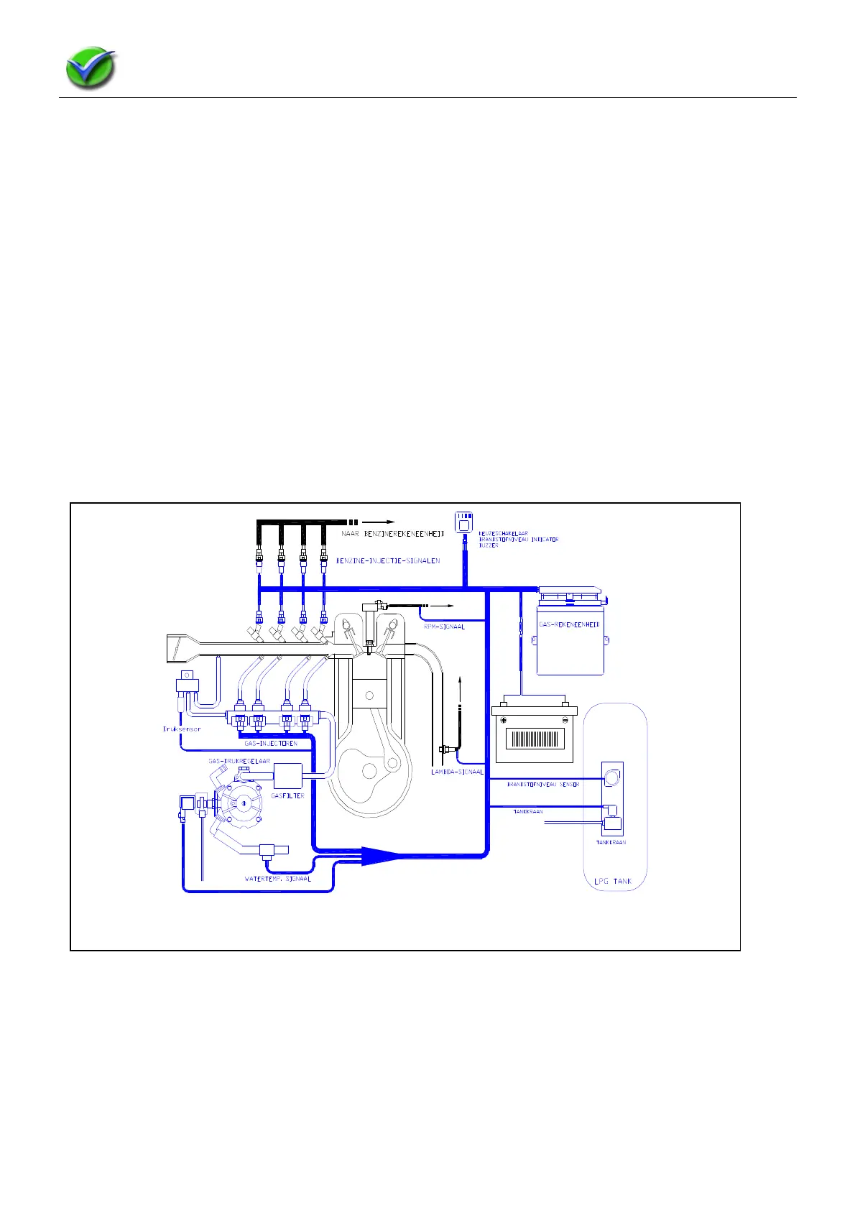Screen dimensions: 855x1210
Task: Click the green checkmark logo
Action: (91, 69)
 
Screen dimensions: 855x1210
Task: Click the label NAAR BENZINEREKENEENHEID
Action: (392, 534)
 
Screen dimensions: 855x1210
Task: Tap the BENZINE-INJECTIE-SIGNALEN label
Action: (388, 560)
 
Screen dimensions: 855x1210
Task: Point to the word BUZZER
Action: (489, 545)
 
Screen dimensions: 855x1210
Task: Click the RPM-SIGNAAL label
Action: (444, 627)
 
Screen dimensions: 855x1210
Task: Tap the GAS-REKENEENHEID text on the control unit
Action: (569, 624)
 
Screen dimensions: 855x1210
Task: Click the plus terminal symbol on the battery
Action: (504, 720)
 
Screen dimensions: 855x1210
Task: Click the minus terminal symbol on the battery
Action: (565, 720)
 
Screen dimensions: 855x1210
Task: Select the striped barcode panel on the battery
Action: (535, 739)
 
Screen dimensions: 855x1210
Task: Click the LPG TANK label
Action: (613, 881)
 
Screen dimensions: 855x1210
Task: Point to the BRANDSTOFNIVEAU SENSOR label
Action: (543, 785)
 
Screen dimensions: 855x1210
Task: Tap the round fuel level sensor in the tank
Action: (612, 777)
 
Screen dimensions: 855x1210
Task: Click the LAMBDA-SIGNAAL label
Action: (457, 772)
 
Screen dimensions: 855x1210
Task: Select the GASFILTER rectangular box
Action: (287, 775)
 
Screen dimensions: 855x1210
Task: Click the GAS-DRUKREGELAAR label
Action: (239, 761)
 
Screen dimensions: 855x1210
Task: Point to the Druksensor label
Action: (182, 729)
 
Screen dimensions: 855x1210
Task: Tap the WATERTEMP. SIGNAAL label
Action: (278, 879)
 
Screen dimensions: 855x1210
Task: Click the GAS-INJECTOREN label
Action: (271, 743)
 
